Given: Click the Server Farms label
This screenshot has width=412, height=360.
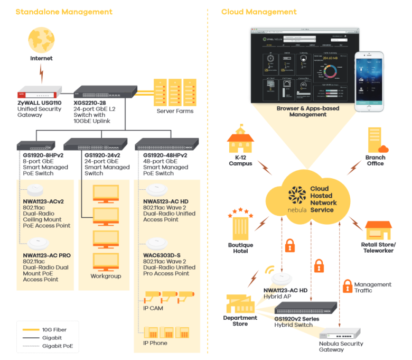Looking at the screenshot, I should pos(175,111).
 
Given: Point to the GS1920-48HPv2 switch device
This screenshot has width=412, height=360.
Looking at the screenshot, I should pos(167,144).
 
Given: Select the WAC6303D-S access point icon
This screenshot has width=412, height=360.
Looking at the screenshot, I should pos(157,244).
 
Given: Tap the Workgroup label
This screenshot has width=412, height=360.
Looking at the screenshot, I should pos(106,276).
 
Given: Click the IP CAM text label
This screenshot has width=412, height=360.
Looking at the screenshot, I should pos(153,308).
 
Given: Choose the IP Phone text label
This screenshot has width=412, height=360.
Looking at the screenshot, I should pos(155,343).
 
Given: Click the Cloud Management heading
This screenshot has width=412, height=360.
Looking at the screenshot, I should pos(259,12).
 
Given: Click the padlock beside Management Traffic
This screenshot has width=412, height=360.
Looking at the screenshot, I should pos(347,287).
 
